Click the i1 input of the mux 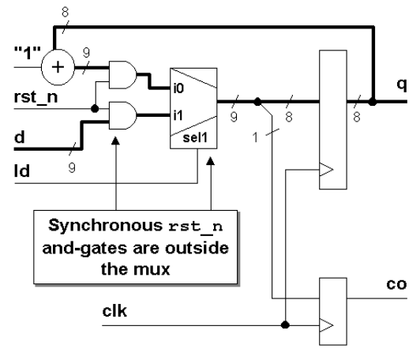pyautogui.click(x=179, y=116)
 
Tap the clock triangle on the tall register pyautogui.click(x=324, y=167)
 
